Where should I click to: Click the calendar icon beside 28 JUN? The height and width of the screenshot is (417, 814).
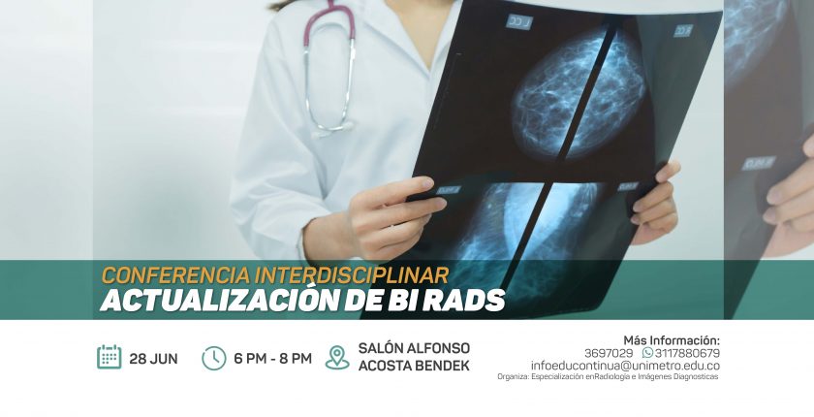[109, 357]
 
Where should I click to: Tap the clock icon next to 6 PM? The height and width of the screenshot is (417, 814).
[214, 358]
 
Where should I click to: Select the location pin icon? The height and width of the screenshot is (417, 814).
[337, 358]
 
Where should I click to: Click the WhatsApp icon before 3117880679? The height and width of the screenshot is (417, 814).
[647, 353]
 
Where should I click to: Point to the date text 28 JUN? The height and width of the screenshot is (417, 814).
[153, 359]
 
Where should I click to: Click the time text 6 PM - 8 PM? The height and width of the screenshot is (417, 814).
[272, 359]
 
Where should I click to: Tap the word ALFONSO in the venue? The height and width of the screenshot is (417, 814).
[439, 348]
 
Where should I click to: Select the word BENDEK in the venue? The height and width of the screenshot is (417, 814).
[442, 366]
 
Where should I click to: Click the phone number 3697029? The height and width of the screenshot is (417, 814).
[609, 354]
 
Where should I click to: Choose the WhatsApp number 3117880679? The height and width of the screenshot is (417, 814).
[687, 354]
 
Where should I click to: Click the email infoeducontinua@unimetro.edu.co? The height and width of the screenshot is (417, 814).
[625, 366]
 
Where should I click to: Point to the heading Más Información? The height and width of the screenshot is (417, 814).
[672, 341]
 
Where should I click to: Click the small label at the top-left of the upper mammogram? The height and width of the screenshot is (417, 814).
[519, 21]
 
